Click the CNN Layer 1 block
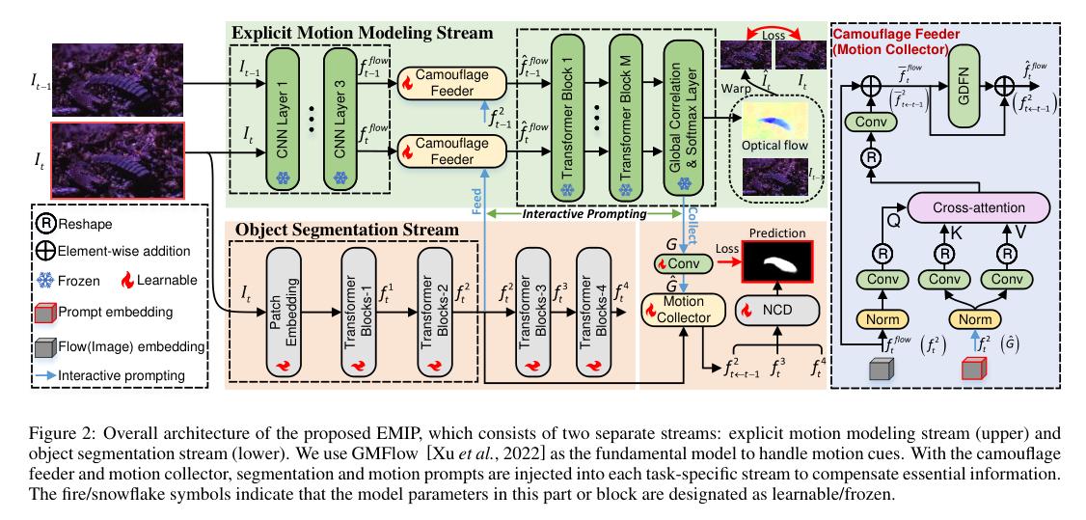tap(283, 108)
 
